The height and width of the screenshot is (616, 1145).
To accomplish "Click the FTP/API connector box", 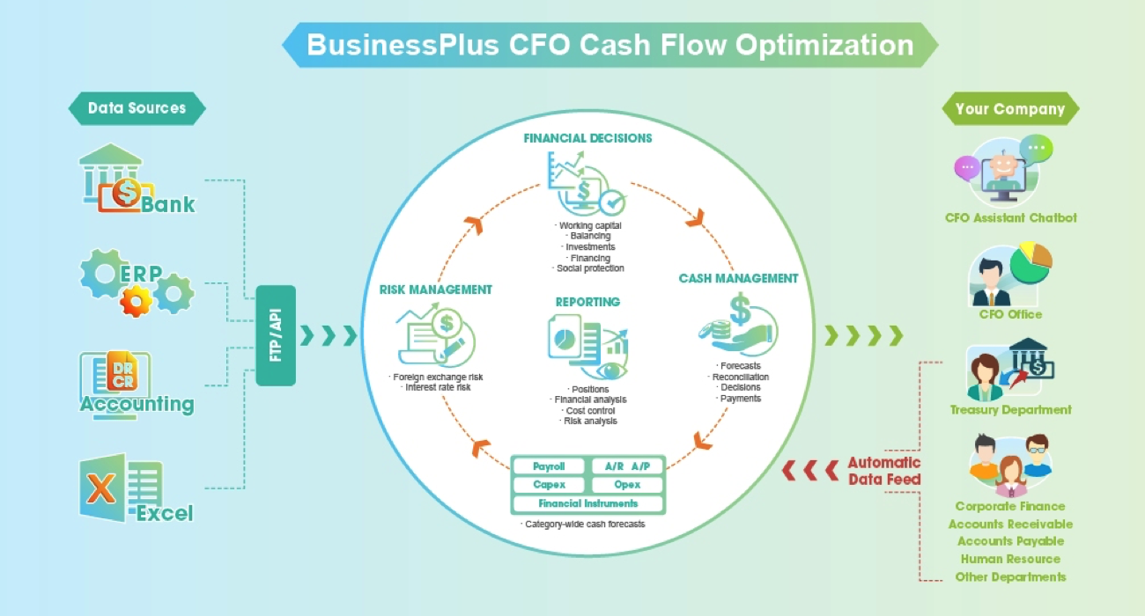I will click(276, 335).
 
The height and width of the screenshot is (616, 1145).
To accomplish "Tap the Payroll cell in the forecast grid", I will click(549, 466).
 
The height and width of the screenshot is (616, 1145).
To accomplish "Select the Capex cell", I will click(549, 485).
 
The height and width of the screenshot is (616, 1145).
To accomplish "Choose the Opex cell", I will click(627, 485).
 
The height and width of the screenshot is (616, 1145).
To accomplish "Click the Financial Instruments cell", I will click(587, 503).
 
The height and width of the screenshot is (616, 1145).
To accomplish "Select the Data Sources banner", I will click(137, 108).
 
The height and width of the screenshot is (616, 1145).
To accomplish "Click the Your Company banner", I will click(1009, 109).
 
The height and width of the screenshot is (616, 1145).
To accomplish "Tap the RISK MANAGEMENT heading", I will click(435, 290).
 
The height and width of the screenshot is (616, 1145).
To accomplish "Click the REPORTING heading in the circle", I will click(587, 302).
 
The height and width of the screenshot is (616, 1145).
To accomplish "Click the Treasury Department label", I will click(1010, 409).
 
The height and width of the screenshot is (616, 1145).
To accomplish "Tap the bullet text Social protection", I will click(590, 268).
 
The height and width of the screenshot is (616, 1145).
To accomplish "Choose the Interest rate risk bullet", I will click(438, 387).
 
